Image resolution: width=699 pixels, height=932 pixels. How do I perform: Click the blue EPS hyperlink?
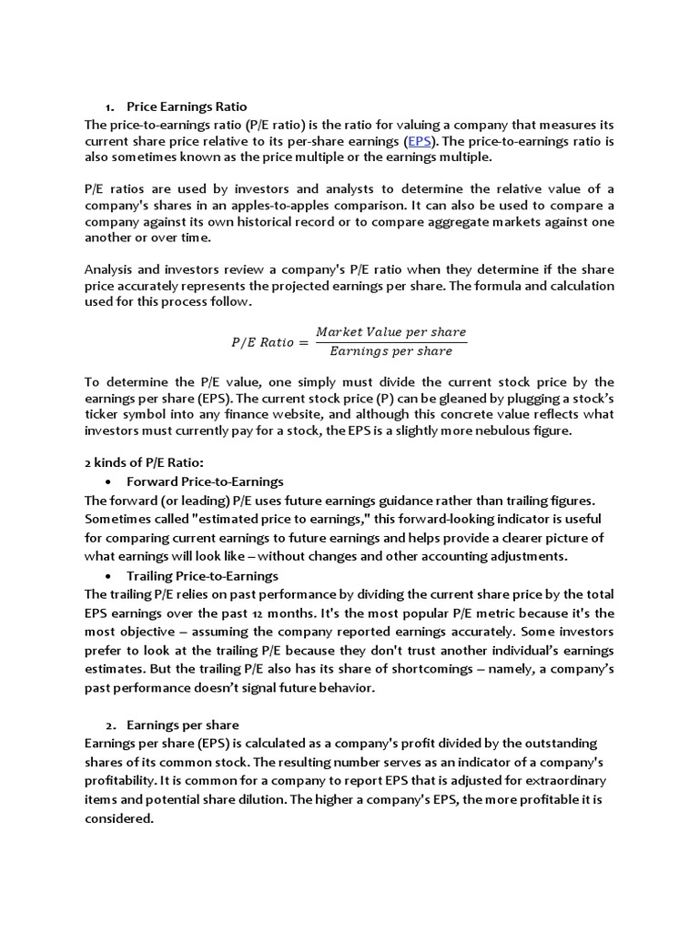420,141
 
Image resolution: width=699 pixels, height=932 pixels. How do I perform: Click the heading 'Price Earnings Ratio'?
187,106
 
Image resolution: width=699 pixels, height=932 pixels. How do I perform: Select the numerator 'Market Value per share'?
390,332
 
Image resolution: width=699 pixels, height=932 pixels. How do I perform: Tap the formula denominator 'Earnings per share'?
390,351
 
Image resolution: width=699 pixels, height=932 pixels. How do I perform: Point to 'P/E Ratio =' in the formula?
263,342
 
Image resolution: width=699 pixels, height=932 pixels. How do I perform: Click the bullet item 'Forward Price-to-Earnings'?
205,481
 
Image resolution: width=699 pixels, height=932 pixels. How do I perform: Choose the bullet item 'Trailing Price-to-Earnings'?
202,575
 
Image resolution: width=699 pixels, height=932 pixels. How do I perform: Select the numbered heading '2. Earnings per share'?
182,724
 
